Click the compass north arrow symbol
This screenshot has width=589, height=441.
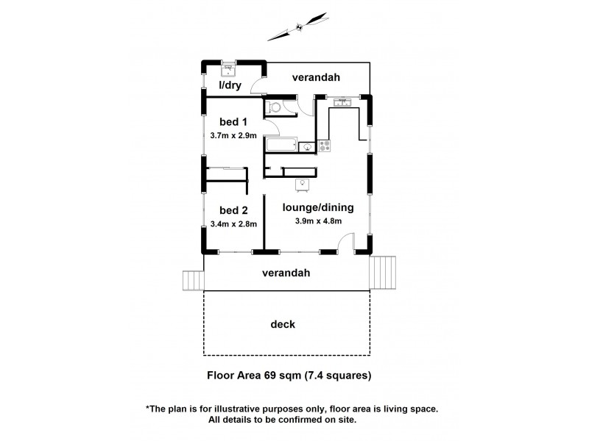pos(297,27)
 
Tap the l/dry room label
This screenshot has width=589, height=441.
pos(230,85)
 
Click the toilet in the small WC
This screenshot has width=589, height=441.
pos(274,107)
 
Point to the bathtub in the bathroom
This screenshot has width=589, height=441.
pos(281,144)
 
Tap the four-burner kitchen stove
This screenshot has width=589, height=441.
pos(325,146)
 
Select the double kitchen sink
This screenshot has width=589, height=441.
pos(342,102)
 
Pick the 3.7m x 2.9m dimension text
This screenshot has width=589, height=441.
pos(233,136)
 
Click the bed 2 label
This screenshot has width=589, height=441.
pos(233,209)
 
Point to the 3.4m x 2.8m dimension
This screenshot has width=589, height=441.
pos(233,224)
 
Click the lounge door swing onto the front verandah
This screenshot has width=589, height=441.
pos(346,243)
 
